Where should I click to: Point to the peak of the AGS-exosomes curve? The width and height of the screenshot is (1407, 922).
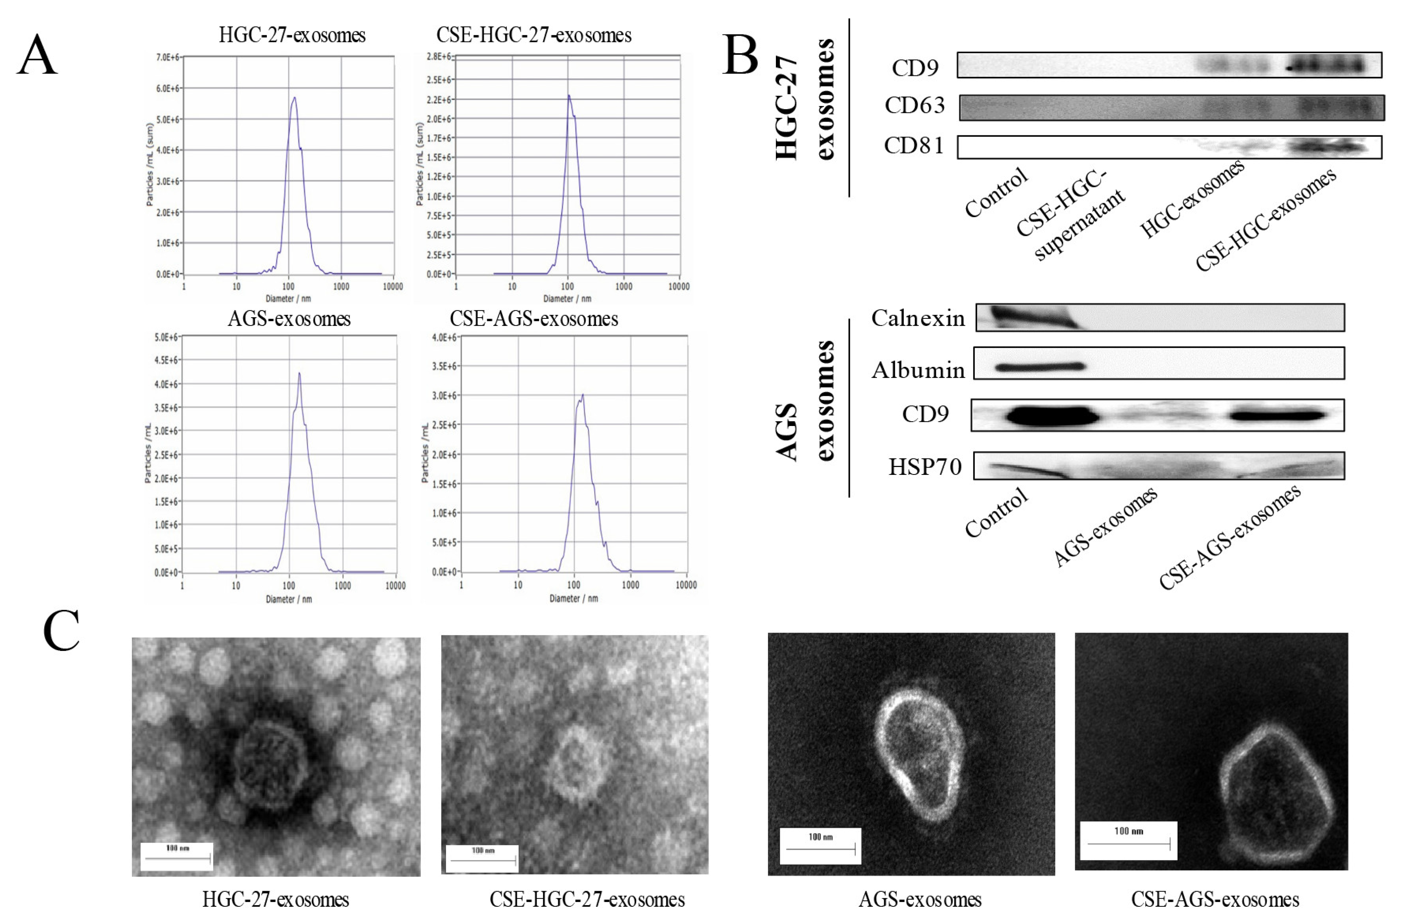click(299, 374)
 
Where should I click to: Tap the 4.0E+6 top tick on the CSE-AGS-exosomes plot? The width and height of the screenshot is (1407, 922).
click(444, 338)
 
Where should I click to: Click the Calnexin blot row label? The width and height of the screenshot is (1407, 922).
click(918, 318)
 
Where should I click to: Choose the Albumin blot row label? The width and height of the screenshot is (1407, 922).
click(918, 370)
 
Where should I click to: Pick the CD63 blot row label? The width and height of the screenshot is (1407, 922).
click(914, 106)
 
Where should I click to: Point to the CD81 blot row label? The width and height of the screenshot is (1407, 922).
click(914, 146)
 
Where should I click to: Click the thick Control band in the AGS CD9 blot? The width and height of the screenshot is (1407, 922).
click(1051, 415)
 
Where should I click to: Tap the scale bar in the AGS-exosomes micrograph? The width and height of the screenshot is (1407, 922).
click(820, 849)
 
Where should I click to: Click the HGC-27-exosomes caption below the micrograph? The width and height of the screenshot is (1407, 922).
click(275, 900)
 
